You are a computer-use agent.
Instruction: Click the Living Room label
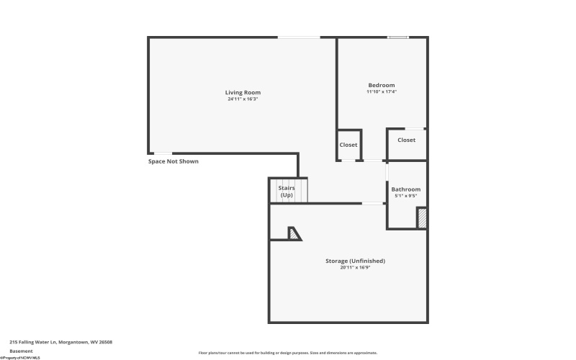(x=243, y=92)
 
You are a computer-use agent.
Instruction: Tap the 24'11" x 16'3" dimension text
(x=243, y=99)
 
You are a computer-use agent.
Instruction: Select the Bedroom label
(x=381, y=85)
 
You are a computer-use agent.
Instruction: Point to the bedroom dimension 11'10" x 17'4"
(x=381, y=91)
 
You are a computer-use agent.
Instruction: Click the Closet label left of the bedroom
(x=348, y=145)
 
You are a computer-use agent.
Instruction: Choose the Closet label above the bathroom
(x=406, y=140)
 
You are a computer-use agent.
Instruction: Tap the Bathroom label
(x=406, y=189)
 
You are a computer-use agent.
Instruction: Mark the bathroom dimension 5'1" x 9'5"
(x=406, y=196)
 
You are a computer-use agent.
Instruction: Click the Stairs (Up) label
(x=287, y=192)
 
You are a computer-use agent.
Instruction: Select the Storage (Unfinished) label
(x=356, y=261)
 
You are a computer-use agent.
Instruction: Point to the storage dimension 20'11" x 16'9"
(x=356, y=267)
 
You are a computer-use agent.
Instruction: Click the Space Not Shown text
(x=174, y=161)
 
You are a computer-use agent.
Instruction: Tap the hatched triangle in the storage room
(x=294, y=233)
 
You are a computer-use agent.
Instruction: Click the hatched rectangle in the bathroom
(x=422, y=218)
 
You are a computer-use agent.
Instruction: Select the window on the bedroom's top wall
(x=397, y=37)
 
